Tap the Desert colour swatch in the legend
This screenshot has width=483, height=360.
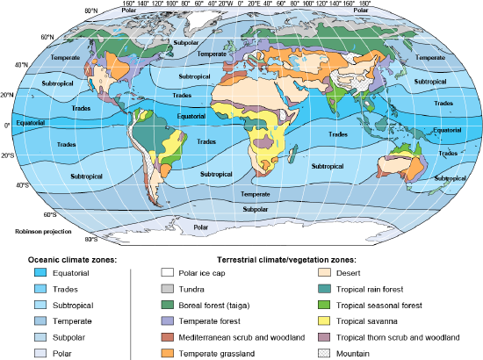tap(325, 274)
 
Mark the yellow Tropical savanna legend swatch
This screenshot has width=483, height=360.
tap(325, 320)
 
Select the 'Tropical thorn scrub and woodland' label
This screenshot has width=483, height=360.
tap(400, 336)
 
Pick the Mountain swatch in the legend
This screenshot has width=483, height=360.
tap(325, 352)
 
